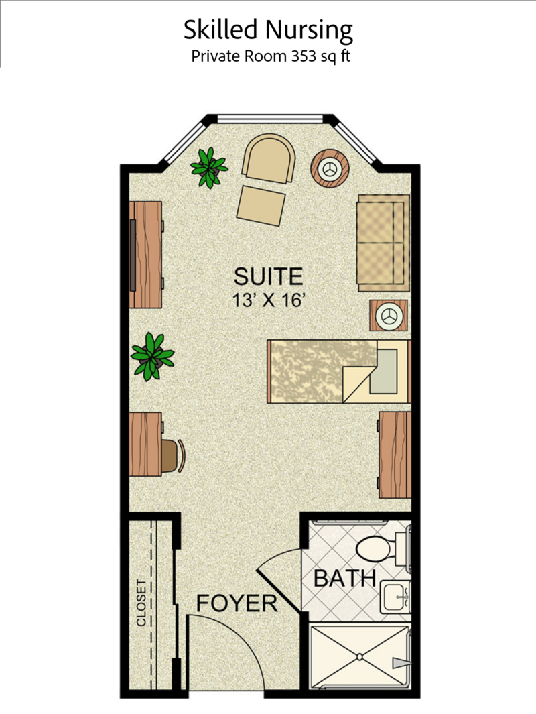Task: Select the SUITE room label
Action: click(x=268, y=276)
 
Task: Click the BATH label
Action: click(x=345, y=578)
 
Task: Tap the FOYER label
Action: click(x=237, y=603)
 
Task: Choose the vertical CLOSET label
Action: click(x=141, y=602)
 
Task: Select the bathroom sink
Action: click(x=395, y=594)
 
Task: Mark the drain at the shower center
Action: click(x=360, y=656)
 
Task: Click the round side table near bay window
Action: click(x=330, y=168)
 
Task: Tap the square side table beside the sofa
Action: click(x=388, y=315)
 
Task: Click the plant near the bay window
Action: click(x=209, y=168)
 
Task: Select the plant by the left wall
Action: click(x=152, y=355)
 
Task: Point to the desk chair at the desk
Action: click(x=173, y=456)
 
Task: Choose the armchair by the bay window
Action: click(x=269, y=158)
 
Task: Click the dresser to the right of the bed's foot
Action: click(x=395, y=455)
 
